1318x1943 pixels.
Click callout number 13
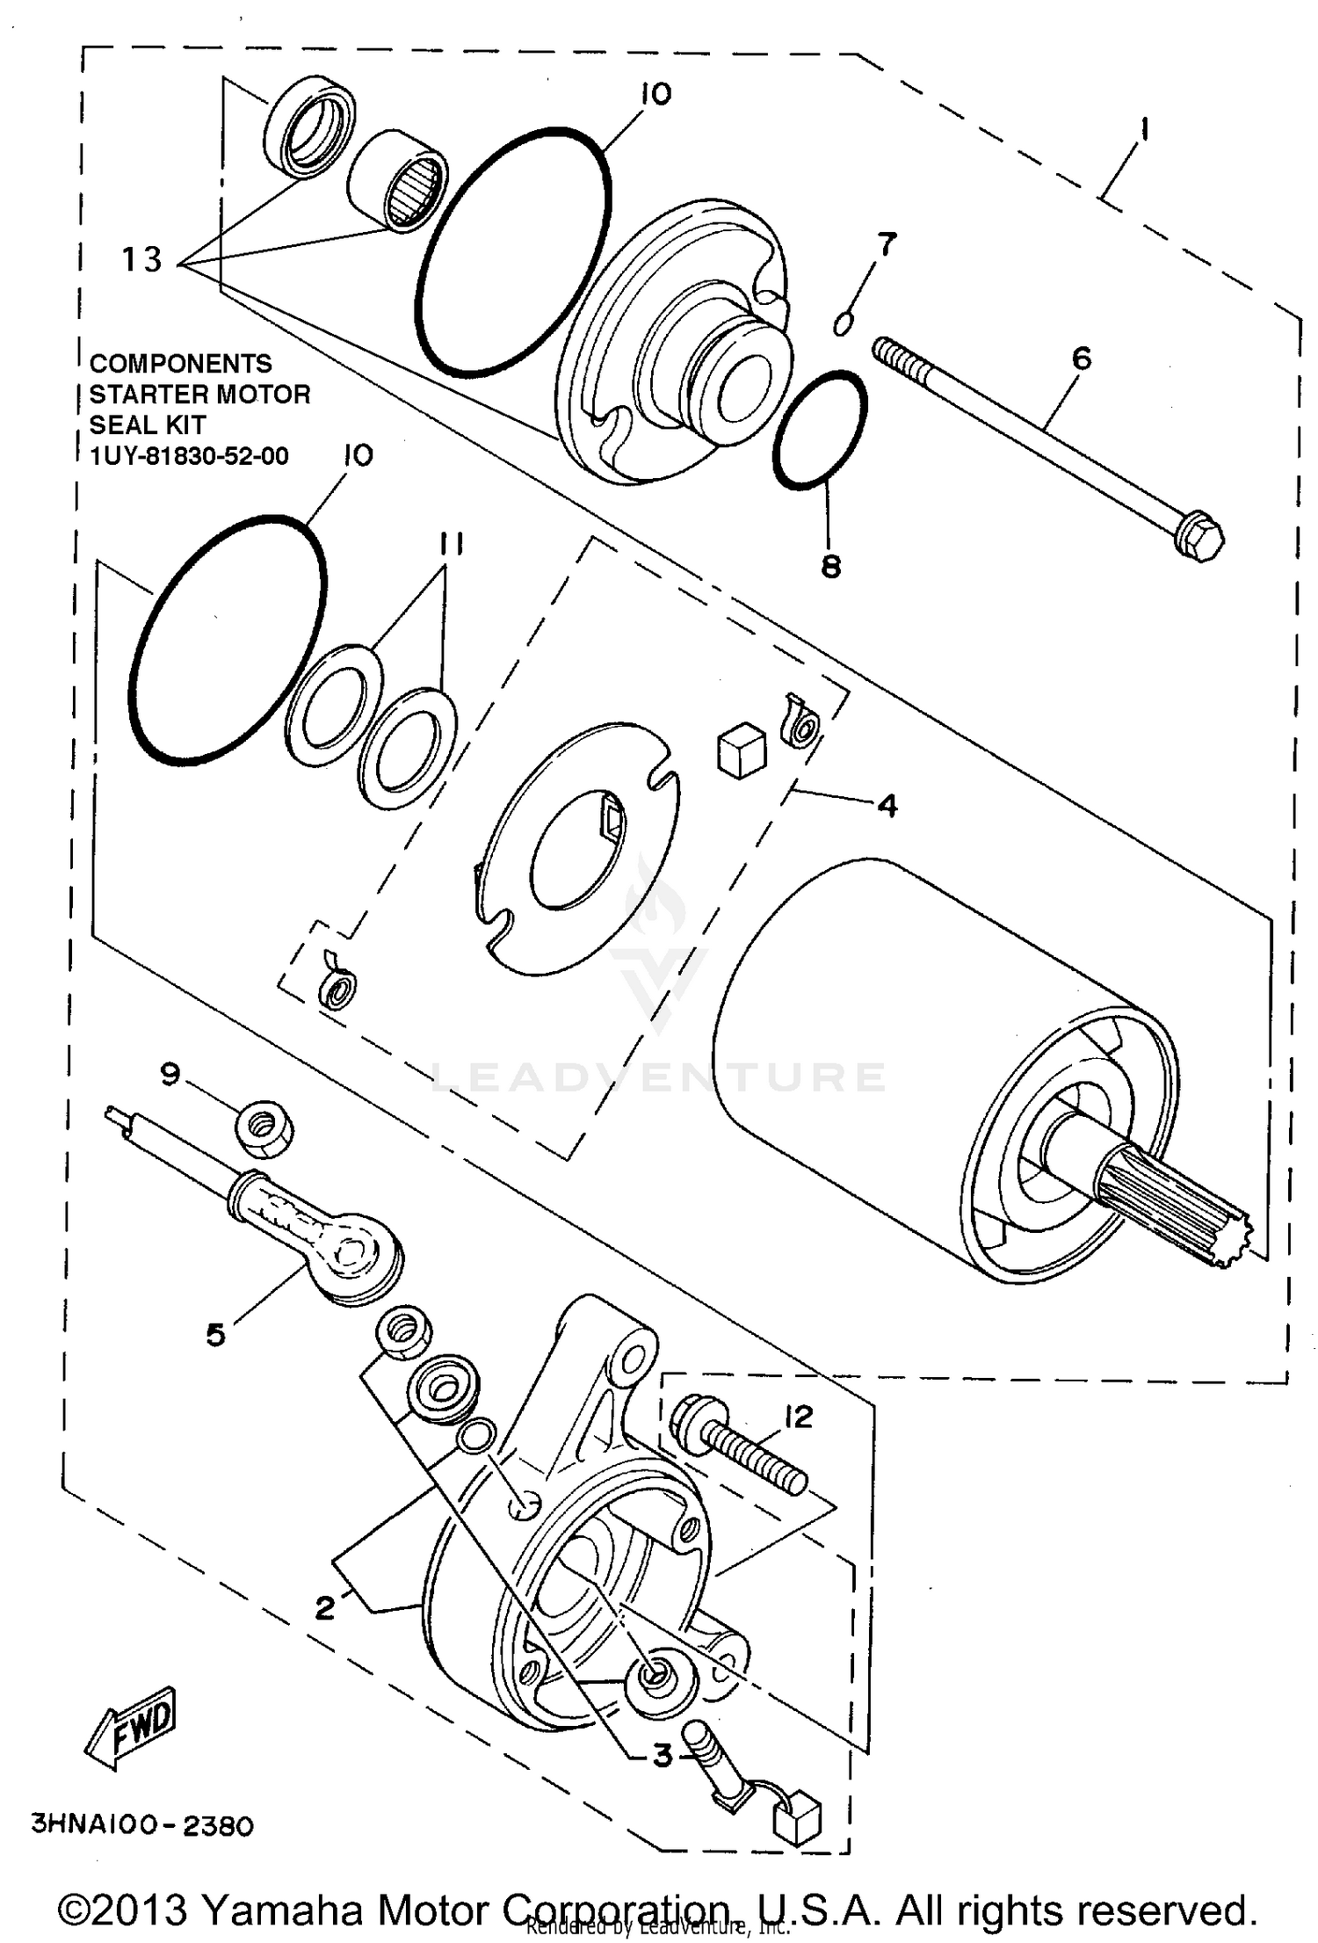(x=141, y=259)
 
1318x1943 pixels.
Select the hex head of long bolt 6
(x=1199, y=540)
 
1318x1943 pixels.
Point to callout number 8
(x=830, y=567)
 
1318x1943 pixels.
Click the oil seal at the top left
(x=310, y=126)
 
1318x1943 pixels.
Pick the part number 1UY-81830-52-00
(x=189, y=455)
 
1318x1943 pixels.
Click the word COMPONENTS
(x=181, y=363)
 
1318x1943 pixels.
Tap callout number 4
(x=887, y=805)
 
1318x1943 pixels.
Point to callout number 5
(x=215, y=1334)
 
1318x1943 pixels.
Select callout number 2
(x=325, y=1607)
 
